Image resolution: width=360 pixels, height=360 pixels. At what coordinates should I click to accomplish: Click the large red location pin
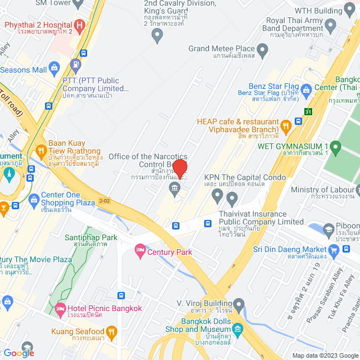pyautogui.click(x=180, y=168)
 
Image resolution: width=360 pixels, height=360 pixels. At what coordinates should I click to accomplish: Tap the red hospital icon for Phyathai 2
pyautogui.click(x=79, y=25)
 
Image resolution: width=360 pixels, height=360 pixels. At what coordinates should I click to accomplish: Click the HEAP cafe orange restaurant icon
pyautogui.click(x=286, y=125)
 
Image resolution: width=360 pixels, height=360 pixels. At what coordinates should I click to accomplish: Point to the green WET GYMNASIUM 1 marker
pyautogui.click(x=336, y=148)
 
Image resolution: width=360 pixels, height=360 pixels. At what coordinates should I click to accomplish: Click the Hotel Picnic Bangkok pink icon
pyautogui.click(x=60, y=308)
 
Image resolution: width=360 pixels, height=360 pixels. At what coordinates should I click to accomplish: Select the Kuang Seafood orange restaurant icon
pyautogui.click(x=111, y=331)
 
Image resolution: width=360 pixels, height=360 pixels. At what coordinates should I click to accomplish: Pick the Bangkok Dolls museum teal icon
pyautogui.click(x=237, y=328)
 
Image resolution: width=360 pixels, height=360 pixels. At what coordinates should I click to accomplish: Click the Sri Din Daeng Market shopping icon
pyautogui.click(x=334, y=249)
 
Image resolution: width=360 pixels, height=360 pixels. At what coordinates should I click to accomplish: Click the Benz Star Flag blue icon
pyautogui.click(x=306, y=89)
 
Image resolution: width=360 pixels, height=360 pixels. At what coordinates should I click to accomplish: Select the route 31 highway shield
pyautogui.click(x=308, y=111)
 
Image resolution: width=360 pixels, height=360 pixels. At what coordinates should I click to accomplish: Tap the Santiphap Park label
pyautogui.click(x=91, y=237)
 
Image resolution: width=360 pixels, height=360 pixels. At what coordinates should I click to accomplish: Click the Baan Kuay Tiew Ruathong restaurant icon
pyautogui.click(x=40, y=151)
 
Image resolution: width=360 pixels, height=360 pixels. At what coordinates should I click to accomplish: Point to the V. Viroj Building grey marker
pyautogui.click(x=240, y=306)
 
